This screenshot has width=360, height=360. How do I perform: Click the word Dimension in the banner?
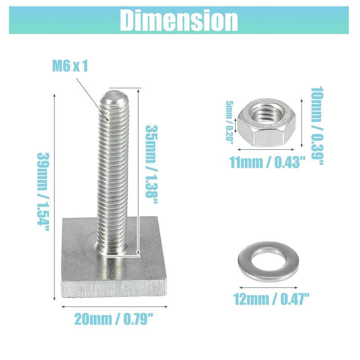pos(179,20)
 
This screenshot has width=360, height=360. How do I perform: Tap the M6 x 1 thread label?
pos(70,66)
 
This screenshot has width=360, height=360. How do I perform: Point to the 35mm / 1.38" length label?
pos(152,164)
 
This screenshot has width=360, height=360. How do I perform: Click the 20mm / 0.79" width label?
pos(113,319)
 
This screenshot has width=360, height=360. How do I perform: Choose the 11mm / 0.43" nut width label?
pos(268,162)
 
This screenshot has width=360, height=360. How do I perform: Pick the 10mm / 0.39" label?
pos(317,126)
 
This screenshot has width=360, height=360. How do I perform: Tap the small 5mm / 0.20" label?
pos(229,122)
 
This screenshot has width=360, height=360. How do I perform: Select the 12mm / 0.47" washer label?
pos(271,299)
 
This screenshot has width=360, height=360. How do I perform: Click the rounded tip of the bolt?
pos(114,96)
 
